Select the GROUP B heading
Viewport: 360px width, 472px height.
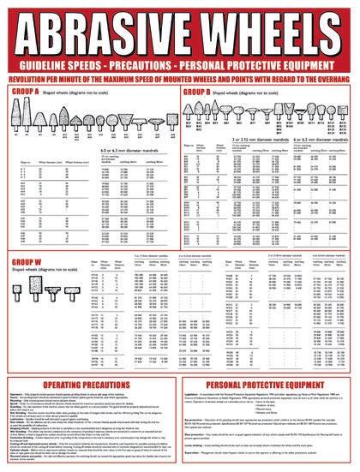[200, 91]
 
